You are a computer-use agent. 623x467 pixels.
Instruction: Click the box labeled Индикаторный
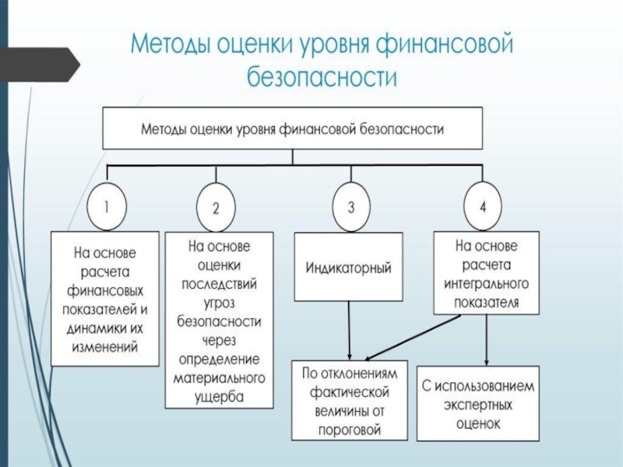[348, 266]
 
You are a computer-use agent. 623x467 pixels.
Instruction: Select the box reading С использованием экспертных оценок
[478, 403]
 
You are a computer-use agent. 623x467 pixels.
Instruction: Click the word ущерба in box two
[219, 397]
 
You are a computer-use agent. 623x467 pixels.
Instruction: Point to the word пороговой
[350, 430]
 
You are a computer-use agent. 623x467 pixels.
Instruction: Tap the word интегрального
[486, 283]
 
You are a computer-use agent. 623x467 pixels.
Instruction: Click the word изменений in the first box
[105, 347]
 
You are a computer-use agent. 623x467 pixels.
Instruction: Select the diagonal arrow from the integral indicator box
[413, 338]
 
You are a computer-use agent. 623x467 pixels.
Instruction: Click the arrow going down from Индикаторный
[349, 330]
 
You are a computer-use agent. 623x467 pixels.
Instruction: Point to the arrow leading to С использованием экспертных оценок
[486, 340]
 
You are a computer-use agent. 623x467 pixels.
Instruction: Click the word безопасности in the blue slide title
[322, 76]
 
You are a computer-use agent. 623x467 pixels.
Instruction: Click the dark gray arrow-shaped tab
[40, 65]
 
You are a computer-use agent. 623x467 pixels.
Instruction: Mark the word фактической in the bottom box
[349, 392]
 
